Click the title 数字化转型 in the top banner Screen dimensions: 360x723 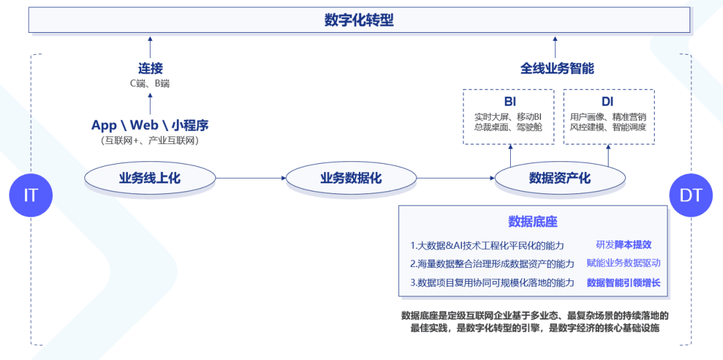click(359, 20)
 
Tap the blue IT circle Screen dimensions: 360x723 click(31, 195)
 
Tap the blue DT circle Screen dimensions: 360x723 click(691, 195)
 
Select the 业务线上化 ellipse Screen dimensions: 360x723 click(150, 178)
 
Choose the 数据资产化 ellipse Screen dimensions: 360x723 click(560, 178)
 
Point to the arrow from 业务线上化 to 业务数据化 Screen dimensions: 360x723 click(251, 178)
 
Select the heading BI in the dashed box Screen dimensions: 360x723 click(510, 102)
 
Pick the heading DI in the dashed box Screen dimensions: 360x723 click(607, 102)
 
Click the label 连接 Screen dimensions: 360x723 click(150, 68)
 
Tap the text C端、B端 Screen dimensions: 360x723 click(150, 84)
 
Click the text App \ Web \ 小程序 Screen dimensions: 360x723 click(150, 125)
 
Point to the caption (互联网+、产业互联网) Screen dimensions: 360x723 click(150, 141)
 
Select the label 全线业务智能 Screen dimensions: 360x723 click(557, 68)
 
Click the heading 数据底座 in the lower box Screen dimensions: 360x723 click(533, 221)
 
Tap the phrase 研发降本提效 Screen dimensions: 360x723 click(623, 245)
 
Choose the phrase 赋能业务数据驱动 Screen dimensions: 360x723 click(623, 264)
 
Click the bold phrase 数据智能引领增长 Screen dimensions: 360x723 click(623, 282)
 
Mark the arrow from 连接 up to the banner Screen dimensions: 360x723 click(150, 47)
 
